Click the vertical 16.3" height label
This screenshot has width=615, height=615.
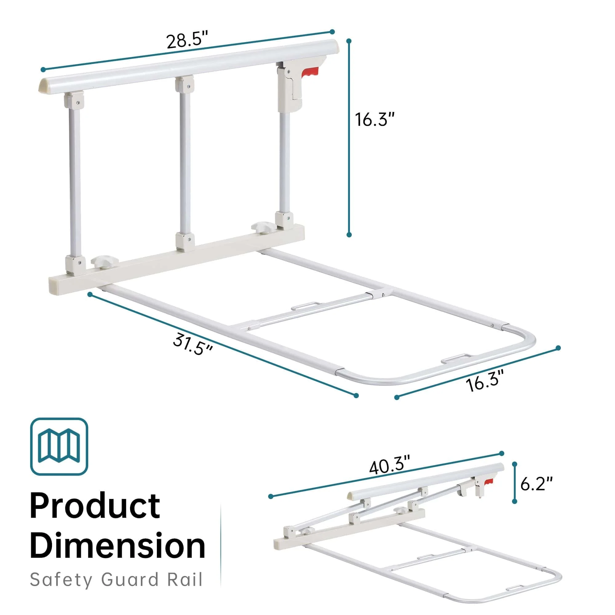tap(375, 120)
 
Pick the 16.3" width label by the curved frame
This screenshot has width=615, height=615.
tap(485, 381)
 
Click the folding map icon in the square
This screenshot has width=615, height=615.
tap(59, 446)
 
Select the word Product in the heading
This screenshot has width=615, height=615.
tap(94, 506)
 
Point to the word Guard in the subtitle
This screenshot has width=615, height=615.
tap(130, 580)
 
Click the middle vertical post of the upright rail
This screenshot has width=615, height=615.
tap(184, 163)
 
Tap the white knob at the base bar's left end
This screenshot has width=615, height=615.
tap(105, 262)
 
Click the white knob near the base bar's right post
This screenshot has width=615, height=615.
tap(262, 228)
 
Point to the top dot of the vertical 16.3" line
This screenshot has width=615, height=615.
tap(349, 41)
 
